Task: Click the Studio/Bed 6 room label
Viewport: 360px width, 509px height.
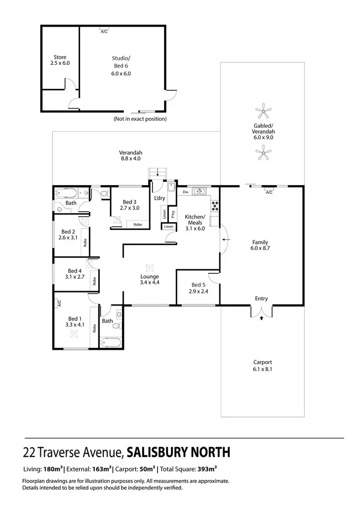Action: pyautogui.click(x=120, y=61)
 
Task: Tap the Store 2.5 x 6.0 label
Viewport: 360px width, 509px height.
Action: pyautogui.click(x=60, y=59)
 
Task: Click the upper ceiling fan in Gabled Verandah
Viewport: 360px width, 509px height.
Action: pyautogui.click(x=262, y=112)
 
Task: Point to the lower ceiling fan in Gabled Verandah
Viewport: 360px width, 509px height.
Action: pyautogui.click(x=262, y=154)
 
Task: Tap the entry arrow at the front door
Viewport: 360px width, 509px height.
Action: pyautogui.click(x=261, y=317)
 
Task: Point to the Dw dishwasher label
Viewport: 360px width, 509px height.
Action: pyautogui.click(x=185, y=192)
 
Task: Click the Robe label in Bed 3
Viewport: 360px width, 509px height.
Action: pyautogui.click(x=138, y=224)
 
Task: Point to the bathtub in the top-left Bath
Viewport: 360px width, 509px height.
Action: pyautogui.click(x=66, y=193)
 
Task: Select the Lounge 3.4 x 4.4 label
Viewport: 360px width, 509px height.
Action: pyautogui.click(x=149, y=279)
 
